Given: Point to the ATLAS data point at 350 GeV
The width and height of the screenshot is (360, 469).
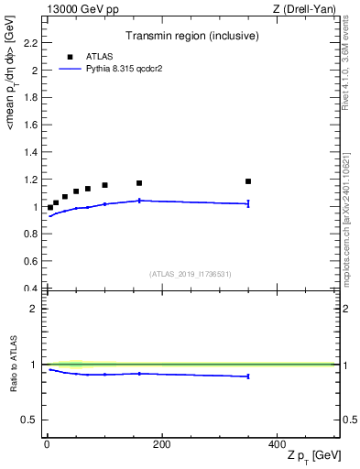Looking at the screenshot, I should [248, 181].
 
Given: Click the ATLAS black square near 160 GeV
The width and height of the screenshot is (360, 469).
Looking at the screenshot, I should [139, 183].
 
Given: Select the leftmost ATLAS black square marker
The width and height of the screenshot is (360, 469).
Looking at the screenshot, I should [50, 208].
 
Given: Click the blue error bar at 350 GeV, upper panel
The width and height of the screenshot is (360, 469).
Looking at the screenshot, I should [248, 203].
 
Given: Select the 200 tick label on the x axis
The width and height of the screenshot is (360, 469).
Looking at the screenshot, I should [161, 443].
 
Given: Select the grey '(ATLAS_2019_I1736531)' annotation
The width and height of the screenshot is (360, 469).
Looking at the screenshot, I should [190, 274].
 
